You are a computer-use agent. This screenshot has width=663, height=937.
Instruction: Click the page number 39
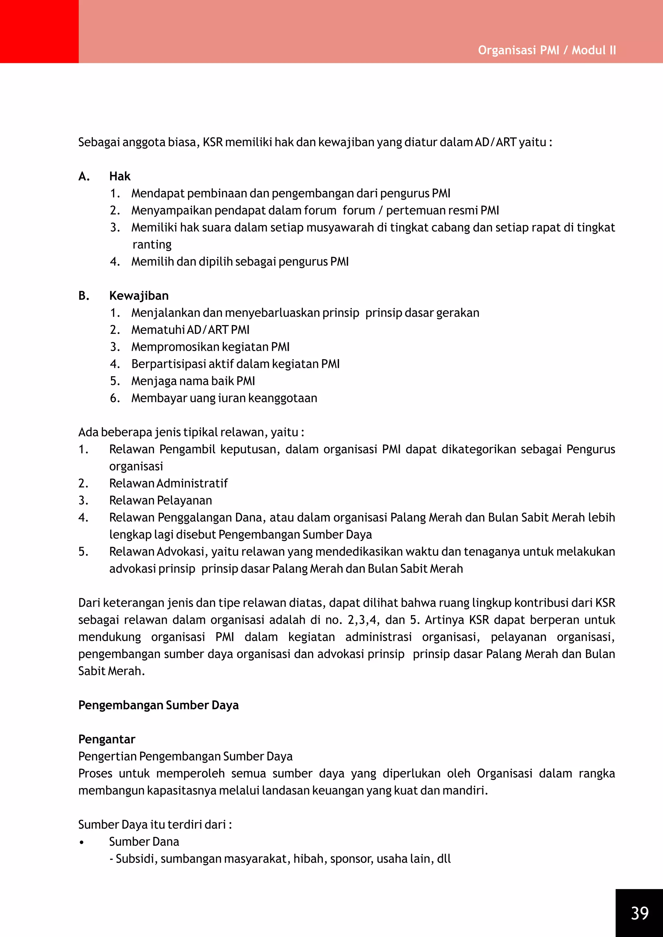pos(639,913)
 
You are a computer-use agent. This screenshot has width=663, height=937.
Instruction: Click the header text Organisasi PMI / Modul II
pos(547,50)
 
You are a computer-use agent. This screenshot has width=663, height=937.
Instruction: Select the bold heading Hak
pos(119,176)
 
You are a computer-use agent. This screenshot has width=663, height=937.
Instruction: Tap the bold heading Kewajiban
pos(139,295)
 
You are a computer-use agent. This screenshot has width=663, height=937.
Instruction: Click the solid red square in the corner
pos(39,31)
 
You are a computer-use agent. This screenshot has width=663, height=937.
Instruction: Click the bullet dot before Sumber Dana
pos(82,842)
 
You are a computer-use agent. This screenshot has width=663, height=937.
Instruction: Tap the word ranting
pos(152,245)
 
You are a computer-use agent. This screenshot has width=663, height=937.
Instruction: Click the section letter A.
pos(84,176)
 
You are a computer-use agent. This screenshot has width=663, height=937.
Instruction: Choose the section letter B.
pos(84,295)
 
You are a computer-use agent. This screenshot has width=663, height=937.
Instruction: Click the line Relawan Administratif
pos(168,483)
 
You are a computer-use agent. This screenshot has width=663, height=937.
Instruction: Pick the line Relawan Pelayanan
pos(161,500)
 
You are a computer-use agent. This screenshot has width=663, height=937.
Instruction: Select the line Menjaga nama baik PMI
pos(193,381)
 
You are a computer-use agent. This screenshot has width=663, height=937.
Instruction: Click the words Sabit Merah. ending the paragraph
pos(111,671)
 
